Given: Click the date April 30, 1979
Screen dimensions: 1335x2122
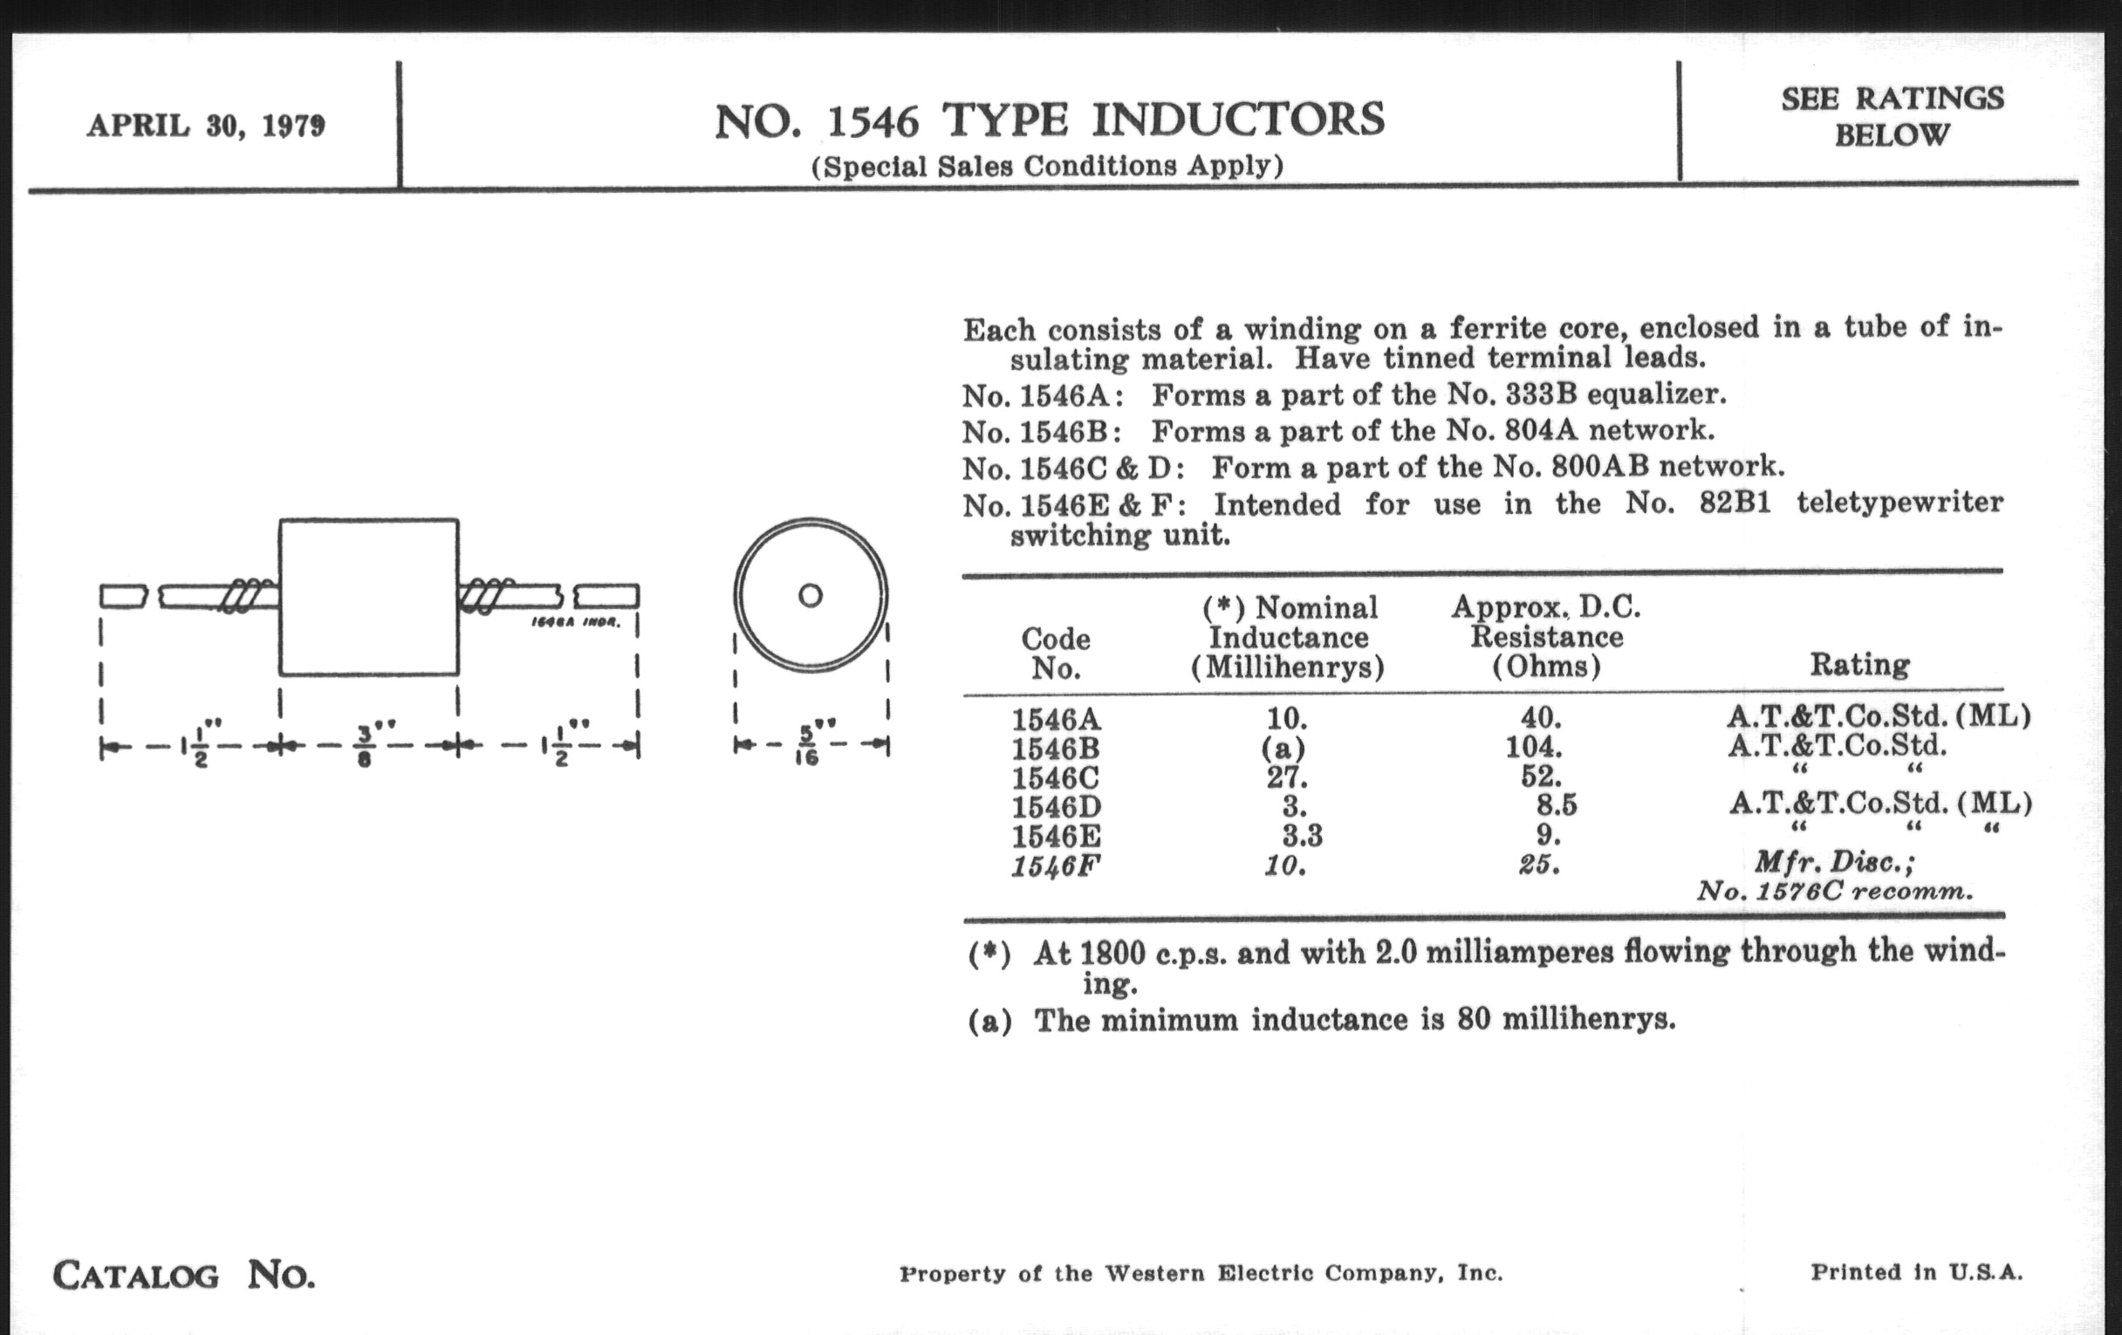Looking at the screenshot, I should [205, 126].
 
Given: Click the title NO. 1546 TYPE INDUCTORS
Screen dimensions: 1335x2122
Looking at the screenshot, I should [1049, 120].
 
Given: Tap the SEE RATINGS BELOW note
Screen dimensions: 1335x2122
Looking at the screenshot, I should [1892, 116].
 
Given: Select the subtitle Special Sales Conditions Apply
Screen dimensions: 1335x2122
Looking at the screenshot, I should [1047, 166].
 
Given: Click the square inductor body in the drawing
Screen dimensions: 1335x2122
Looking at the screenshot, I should [368, 598].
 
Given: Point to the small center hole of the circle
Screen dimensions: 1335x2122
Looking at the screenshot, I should [810, 596].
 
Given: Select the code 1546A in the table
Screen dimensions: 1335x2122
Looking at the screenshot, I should [1056, 719].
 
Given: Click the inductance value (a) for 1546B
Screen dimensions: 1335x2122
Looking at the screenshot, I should [1283, 748].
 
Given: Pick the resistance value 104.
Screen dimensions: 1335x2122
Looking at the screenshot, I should [1533, 747].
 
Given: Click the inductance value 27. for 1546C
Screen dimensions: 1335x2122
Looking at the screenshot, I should [1287, 777].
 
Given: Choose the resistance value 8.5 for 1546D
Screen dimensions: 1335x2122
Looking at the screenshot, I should [1557, 805].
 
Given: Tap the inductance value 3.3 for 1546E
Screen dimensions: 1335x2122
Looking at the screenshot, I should [1302, 834].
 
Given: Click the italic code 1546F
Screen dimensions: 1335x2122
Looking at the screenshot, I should [1056, 866].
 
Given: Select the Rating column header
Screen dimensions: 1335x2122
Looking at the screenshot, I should [1859, 664].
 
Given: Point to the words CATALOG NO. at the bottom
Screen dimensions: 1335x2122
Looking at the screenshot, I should [183, 1275].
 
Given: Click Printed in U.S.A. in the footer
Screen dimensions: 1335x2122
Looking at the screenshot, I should [1917, 1271].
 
